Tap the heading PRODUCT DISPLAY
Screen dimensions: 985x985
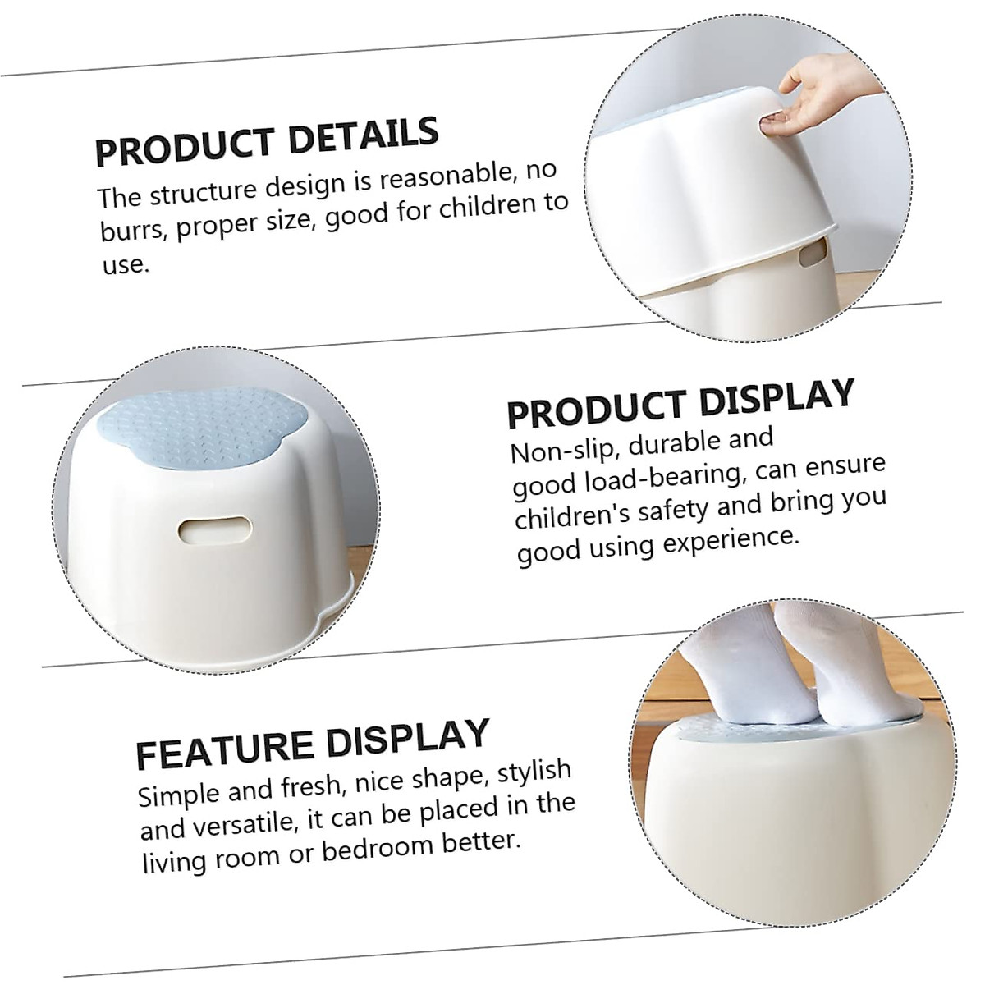(680, 401)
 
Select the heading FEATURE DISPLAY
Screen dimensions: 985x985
(313, 742)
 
